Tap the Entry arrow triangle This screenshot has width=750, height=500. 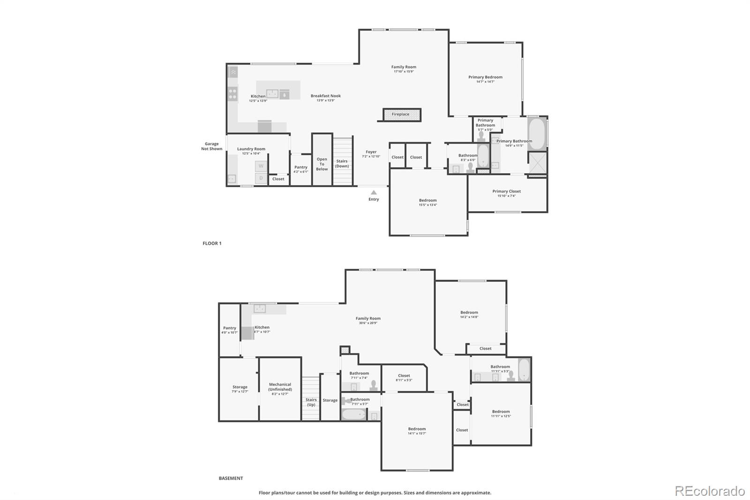click(374, 192)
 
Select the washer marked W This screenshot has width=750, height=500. click(261, 166)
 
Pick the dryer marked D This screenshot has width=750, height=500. click(261, 178)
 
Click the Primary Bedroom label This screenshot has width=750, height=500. click(485, 77)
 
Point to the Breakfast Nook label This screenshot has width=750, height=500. click(326, 96)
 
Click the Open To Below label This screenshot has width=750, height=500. click(322, 164)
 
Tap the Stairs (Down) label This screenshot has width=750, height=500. click(342, 164)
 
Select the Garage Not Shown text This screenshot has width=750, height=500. click(212, 146)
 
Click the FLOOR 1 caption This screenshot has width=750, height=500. click(212, 243)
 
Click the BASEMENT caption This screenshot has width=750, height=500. click(231, 478)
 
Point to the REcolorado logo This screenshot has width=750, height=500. click(710, 491)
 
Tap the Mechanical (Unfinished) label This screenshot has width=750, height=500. click(280, 387)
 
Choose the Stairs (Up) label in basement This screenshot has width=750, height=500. click(311, 402)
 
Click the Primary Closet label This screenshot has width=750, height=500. click(506, 191)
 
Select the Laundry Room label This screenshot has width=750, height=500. click(251, 149)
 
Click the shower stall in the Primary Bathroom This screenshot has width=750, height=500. click(537, 163)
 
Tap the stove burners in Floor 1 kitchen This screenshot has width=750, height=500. click(232, 94)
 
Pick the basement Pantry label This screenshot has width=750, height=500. click(230, 328)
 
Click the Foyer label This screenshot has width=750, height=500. click(371, 152)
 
